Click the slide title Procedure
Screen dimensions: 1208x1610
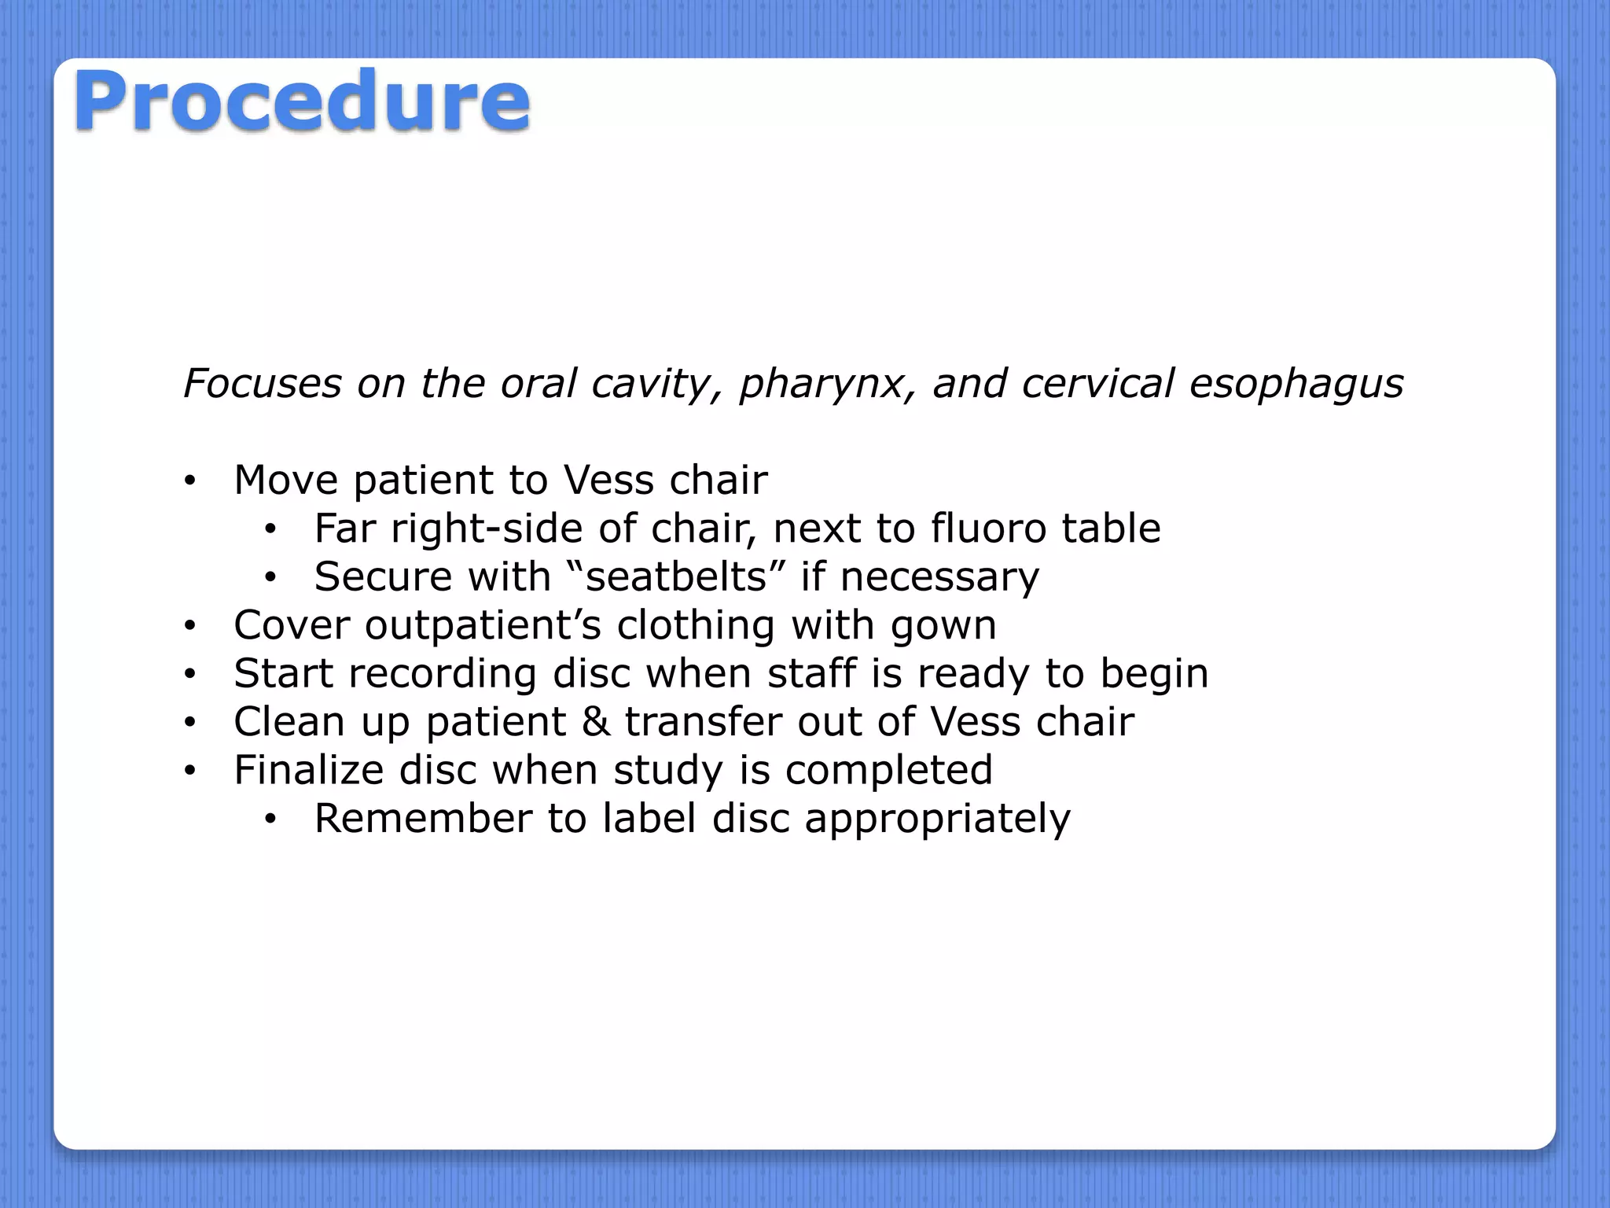(x=302, y=101)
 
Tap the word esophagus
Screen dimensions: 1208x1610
(x=1296, y=385)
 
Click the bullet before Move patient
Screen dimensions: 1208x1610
(x=189, y=481)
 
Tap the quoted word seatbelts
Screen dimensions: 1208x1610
(x=676, y=576)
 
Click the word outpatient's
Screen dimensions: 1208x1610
(x=483, y=625)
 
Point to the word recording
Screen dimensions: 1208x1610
(x=443, y=674)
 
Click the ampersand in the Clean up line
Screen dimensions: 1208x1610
(x=596, y=722)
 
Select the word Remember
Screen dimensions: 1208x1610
(x=423, y=819)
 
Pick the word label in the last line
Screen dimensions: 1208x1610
(x=649, y=819)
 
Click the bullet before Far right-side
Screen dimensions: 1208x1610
(x=270, y=530)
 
